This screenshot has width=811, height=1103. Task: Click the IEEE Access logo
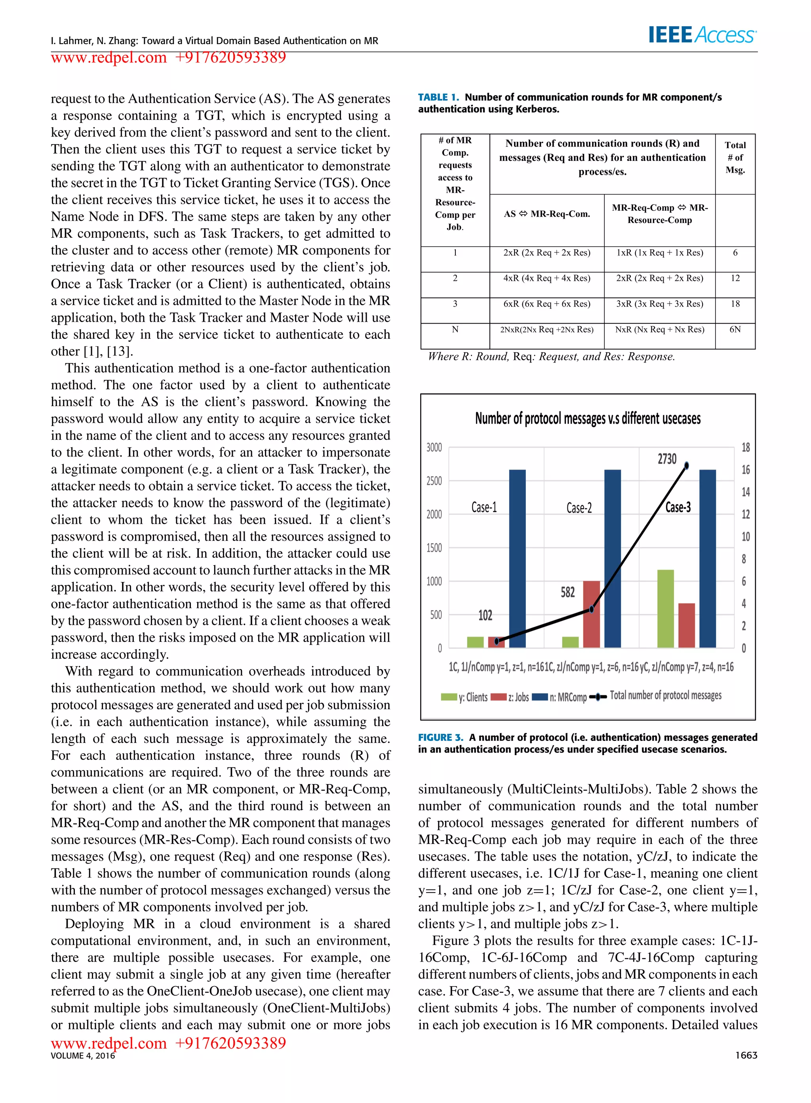point(702,35)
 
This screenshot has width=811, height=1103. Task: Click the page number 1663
point(746,1055)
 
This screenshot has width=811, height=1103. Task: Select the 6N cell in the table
point(735,330)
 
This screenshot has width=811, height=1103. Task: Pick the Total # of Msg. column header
point(735,158)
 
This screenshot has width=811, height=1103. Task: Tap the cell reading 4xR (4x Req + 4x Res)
point(546,279)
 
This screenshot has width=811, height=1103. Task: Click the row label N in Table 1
point(455,330)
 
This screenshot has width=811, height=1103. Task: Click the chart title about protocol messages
point(587,419)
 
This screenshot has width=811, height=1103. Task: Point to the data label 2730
point(667,459)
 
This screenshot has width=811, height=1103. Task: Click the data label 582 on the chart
point(567,592)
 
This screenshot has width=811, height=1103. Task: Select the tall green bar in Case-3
point(665,609)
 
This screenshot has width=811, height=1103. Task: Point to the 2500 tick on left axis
point(434,481)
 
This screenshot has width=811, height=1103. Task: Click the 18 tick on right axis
point(745,447)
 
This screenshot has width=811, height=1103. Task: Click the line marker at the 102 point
point(497,641)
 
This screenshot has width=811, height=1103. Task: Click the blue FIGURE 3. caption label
point(440,738)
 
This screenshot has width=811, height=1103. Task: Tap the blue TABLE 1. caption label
point(438,97)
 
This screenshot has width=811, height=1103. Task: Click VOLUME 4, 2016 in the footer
point(82,1056)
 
